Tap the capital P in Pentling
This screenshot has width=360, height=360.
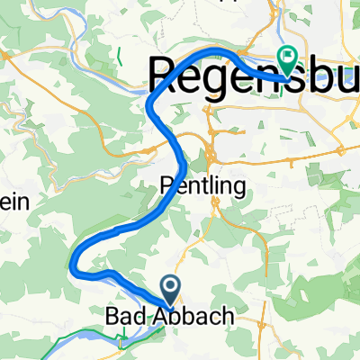coord(165,186)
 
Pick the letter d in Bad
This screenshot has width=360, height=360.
coord(138,317)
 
